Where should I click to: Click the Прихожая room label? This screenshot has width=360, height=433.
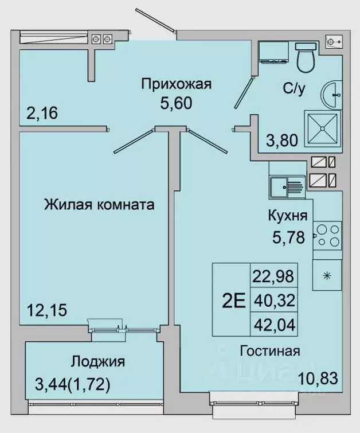(177, 85)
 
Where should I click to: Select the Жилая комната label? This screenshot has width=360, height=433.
(99, 205)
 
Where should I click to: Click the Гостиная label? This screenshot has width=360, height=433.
(271, 350)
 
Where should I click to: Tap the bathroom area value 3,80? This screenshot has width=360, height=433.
(281, 139)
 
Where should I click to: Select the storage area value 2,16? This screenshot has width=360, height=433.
(42, 113)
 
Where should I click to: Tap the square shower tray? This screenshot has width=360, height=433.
(323, 130)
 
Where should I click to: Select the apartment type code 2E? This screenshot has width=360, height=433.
(232, 299)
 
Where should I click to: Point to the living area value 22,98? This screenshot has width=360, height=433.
(273, 276)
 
